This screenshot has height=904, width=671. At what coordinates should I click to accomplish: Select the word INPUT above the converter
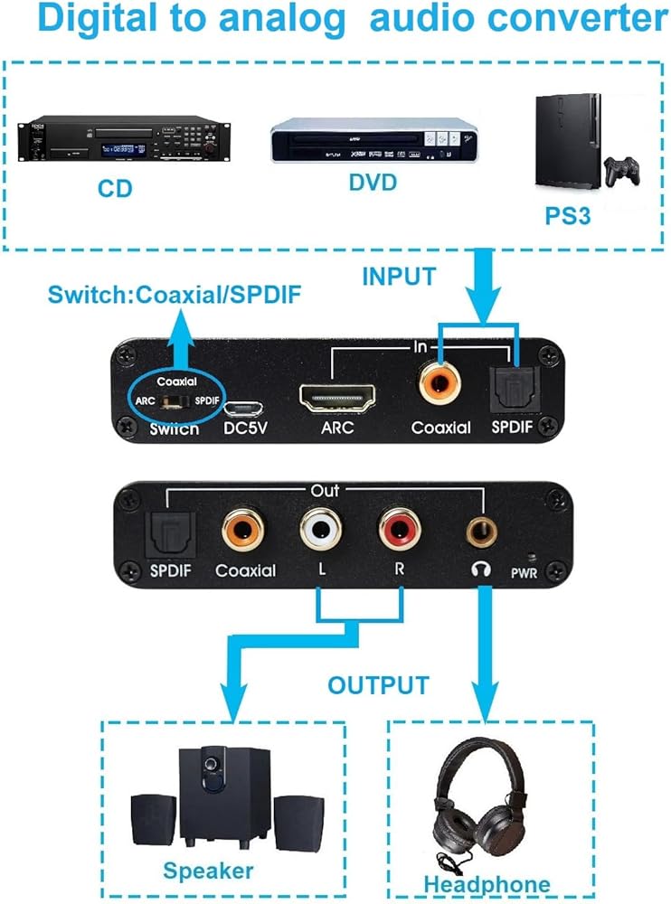[x=399, y=277]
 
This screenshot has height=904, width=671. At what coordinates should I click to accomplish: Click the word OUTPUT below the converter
[x=378, y=684]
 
